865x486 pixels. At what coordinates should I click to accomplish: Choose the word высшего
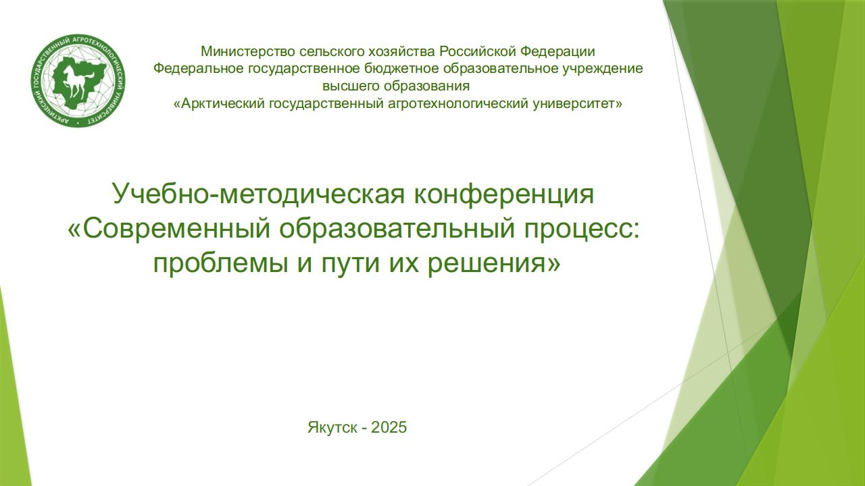tap(350, 86)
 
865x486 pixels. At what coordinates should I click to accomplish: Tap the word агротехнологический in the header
tap(458, 104)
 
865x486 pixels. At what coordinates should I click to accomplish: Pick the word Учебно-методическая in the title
tap(259, 194)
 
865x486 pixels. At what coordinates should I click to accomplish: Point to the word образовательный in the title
tap(397, 231)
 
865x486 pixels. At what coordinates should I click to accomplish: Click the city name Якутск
tap(332, 427)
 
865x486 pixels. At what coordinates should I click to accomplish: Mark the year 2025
tap(389, 427)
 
